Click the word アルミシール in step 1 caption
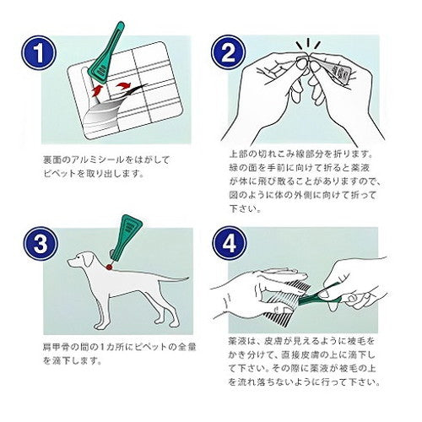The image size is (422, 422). tap(90, 158)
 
